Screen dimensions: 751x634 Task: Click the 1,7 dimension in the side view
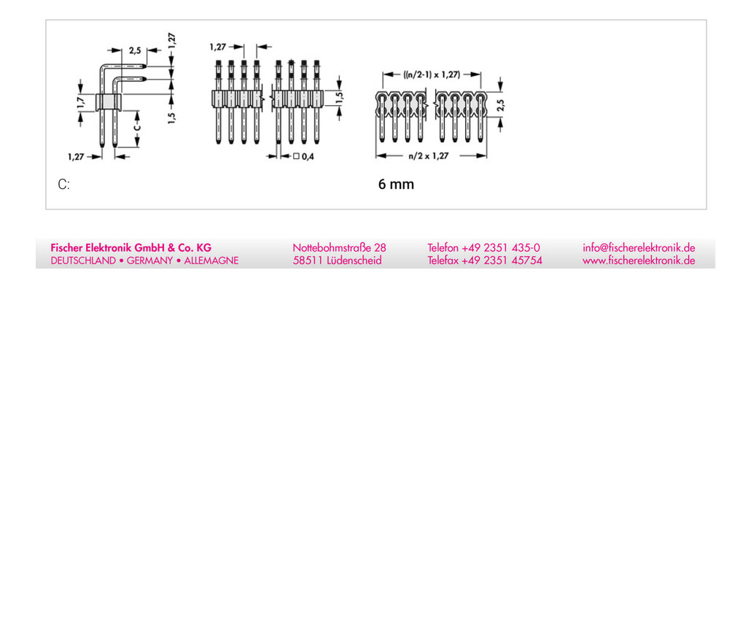(80, 102)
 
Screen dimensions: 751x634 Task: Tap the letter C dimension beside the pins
(137, 128)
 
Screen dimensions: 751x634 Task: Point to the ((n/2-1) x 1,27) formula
(432, 74)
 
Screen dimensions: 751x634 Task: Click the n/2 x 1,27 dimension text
(428, 155)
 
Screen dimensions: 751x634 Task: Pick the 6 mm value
(396, 184)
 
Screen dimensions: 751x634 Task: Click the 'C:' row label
(63, 185)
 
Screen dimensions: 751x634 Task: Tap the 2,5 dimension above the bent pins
(135, 50)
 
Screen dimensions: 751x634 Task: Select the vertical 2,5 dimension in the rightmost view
(500, 105)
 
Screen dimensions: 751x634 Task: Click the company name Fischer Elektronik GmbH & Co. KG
(131, 248)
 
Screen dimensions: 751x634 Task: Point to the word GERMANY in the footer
(149, 260)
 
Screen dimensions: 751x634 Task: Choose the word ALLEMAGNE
(211, 260)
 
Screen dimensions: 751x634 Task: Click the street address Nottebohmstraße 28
(339, 248)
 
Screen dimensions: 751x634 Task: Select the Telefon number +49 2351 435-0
(500, 248)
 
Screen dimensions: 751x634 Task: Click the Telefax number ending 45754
(502, 260)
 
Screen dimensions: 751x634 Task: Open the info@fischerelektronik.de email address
(639, 248)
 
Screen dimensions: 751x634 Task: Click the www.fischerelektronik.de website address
(639, 260)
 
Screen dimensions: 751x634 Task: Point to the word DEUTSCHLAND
(83, 260)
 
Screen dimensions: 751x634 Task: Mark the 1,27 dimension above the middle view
(217, 47)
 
